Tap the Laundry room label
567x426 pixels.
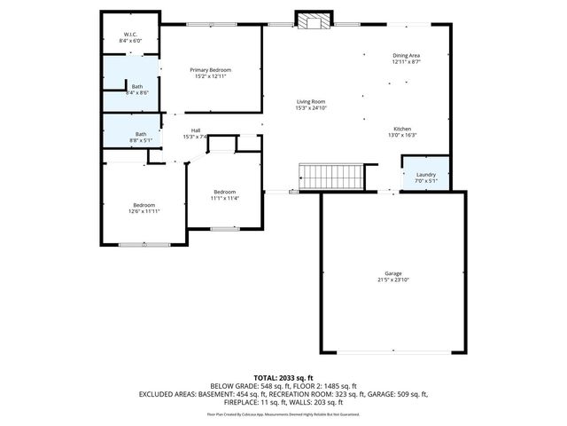pos(426,174)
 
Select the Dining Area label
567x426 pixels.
pos(406,56)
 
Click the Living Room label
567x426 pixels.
pos(311,101)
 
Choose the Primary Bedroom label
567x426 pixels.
pos(210,69)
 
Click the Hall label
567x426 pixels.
pos(195,130)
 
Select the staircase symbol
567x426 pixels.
pos(331,176)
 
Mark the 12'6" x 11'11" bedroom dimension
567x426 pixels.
pos(144,211)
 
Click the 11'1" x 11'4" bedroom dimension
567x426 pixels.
pos(224,198)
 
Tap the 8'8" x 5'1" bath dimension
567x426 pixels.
pos(141,139)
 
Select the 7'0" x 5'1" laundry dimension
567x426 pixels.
pos(426,181)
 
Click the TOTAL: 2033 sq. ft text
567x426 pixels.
pos(283,377)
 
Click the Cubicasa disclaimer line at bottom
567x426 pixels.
pos(283,414)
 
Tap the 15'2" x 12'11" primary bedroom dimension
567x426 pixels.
pos(210,76)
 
